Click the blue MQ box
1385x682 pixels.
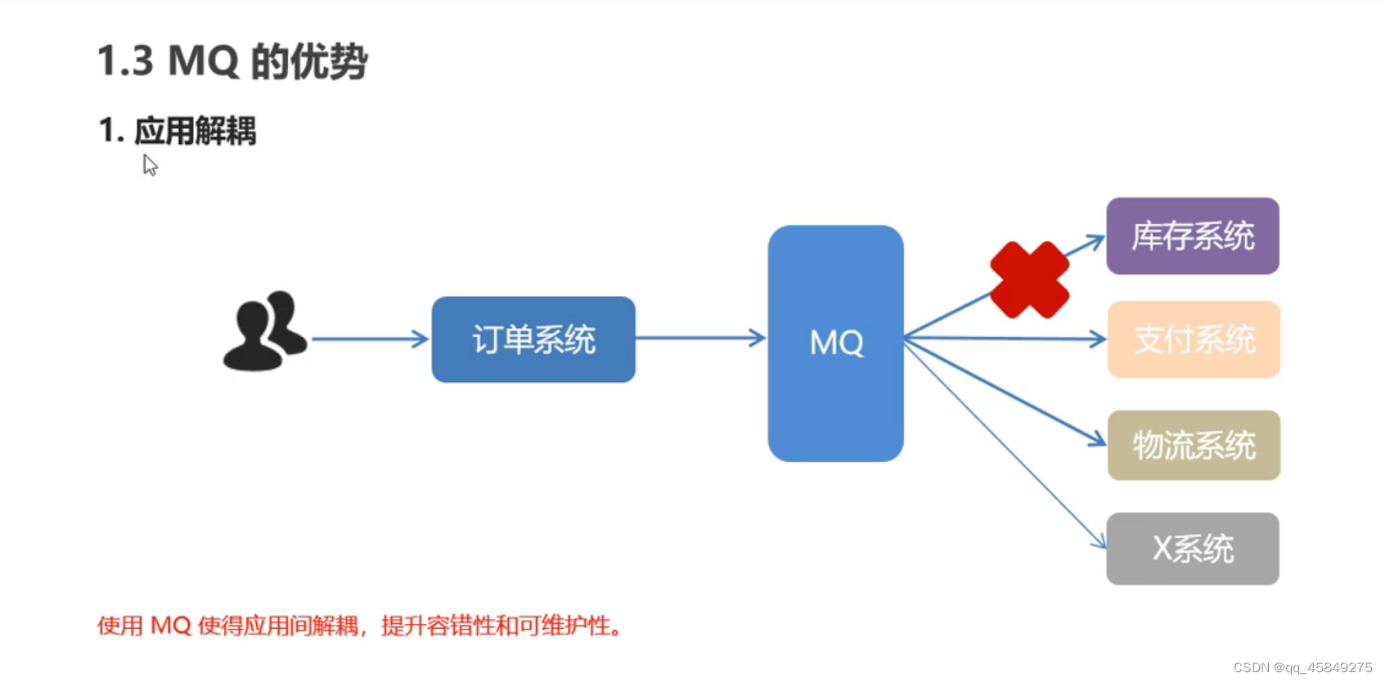(835, 343)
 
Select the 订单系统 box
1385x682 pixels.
(533, 339)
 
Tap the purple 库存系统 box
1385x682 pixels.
(1192, 236)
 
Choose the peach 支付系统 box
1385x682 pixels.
(1194, 339)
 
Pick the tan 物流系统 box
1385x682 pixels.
(1194, 446)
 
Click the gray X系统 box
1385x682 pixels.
(1192, 549)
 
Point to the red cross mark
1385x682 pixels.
(1029, 280)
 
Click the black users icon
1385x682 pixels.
(264, 331)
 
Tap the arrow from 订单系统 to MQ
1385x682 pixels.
(700, 338)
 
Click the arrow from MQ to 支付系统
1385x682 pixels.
(1006, 338)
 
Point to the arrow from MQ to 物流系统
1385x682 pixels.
(1006, 393)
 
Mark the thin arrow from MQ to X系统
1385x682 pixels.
(1006, 446)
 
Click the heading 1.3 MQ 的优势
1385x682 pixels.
(232, 61)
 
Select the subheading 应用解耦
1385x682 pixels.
(195, 131)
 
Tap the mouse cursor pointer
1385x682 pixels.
(150, 164)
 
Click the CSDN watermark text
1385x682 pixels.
(1302, 667)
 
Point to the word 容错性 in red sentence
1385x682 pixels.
(461, 626)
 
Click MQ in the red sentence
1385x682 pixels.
(171, 626)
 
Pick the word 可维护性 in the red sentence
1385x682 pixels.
(564, 626)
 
